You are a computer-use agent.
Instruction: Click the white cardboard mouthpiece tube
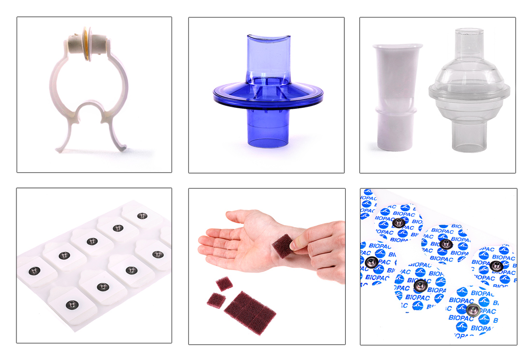(396, 97)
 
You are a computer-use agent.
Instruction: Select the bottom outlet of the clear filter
(469, 137)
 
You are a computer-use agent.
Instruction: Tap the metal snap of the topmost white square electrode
(142, 216)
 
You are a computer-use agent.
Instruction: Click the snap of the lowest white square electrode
(72, 304)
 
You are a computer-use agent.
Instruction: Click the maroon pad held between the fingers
(282, 246)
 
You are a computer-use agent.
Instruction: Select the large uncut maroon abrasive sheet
(250, 313)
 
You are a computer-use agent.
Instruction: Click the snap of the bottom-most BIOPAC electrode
(473, 309)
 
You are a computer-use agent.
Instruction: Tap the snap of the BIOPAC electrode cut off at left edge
(371, 262)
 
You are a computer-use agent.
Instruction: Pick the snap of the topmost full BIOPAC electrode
(399, 223)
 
